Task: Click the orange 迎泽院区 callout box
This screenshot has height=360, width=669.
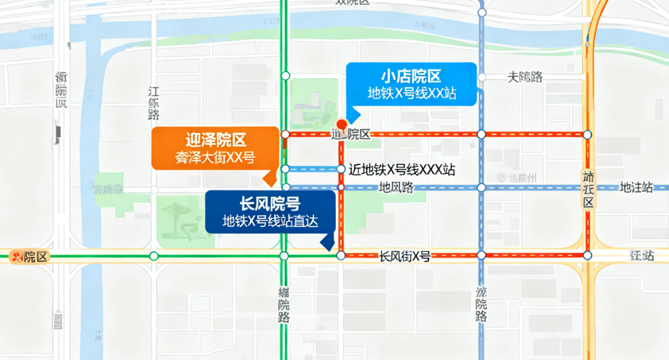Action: point(215,148)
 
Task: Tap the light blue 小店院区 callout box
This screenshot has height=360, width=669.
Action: point(411,83)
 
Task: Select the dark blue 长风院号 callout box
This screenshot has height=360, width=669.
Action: point(270,211)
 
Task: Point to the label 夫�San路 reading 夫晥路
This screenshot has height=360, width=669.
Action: point(525,77)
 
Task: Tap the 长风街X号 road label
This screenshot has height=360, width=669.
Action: point(405,256)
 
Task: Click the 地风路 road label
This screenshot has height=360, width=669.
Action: point(396,188)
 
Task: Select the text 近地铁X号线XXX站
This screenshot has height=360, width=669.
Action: point(402,170)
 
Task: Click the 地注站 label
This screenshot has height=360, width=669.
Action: point(636,188)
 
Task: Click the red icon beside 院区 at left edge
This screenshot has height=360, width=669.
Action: point(18,256)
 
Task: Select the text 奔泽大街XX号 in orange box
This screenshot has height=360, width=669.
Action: point(215,157)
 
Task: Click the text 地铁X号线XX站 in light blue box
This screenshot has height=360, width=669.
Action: point(411,93)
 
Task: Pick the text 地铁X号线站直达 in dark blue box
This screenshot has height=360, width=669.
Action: point(270,221)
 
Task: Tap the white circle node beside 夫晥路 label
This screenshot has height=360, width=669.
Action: point(482,77)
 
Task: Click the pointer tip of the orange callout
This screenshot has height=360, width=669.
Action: point(267,183)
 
